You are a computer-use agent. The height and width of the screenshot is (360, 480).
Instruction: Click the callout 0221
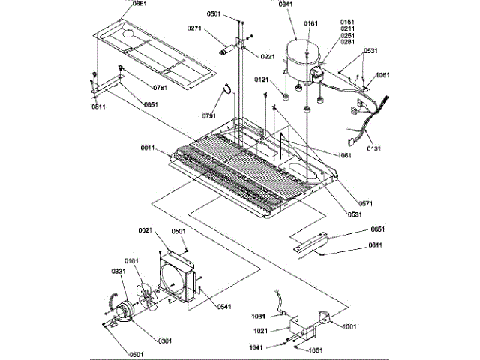[268, 57]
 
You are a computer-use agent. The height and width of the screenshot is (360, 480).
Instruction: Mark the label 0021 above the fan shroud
[145, 229]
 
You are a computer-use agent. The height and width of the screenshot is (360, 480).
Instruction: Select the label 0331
[119, 271]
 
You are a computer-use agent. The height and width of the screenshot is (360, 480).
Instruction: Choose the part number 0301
[164, 341]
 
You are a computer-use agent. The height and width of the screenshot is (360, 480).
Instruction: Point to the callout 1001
[349, 326]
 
